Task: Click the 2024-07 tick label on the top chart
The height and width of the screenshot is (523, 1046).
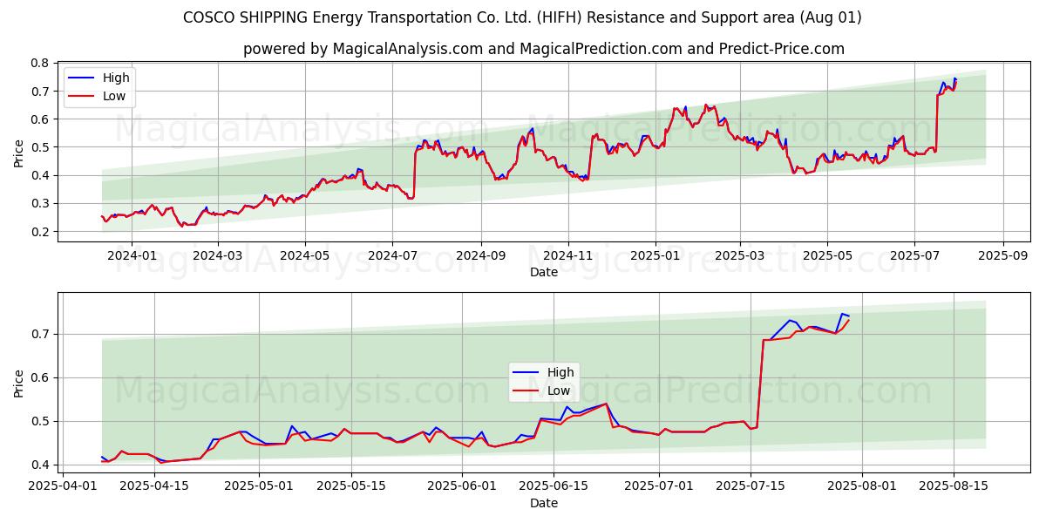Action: pos(392,256)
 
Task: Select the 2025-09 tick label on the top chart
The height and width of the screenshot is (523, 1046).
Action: pos(1003,256)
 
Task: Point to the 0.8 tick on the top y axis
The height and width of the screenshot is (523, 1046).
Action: pos(40,63)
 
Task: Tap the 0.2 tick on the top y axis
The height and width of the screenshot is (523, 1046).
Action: pos(40,232)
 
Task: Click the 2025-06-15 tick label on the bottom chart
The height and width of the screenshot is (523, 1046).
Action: pos(554,486)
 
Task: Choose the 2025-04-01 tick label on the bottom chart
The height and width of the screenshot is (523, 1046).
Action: pos(63,486)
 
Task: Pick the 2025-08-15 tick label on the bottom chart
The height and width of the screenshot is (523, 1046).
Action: pos(954,486)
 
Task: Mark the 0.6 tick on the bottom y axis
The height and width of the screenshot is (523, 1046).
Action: pos(40,377)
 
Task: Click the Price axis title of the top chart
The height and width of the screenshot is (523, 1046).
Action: pos(18,153)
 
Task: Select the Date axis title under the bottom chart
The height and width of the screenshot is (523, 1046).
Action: pos(544,503)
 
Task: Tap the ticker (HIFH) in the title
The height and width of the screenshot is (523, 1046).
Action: pos(560,17)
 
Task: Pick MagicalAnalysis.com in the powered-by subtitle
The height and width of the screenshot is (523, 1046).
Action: pos(408,49)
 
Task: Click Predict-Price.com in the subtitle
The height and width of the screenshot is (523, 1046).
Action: pos(782,49)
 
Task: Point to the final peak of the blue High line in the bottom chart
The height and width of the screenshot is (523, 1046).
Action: pos(842,314)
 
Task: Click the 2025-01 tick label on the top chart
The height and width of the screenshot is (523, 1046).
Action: pos(655,256)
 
